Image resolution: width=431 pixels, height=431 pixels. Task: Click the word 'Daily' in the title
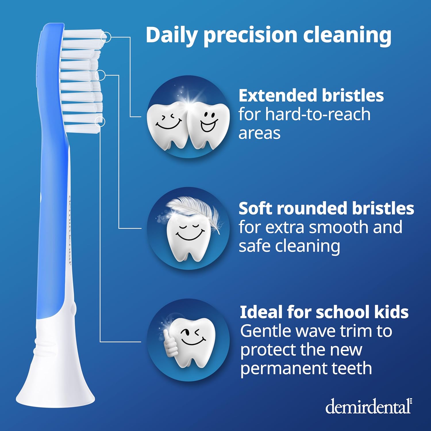tap(171, 35)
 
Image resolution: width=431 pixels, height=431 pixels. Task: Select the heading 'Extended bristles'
tap(311, 95)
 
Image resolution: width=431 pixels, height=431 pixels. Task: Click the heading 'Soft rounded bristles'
tap(326, 208)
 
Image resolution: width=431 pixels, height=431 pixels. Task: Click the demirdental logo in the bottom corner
tap(369, 407)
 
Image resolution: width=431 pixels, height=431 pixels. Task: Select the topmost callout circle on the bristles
tap(106, 37)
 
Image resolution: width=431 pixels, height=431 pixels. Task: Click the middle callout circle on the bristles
tap(100, 75)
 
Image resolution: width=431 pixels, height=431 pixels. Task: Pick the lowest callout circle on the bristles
tap(100, 122)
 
